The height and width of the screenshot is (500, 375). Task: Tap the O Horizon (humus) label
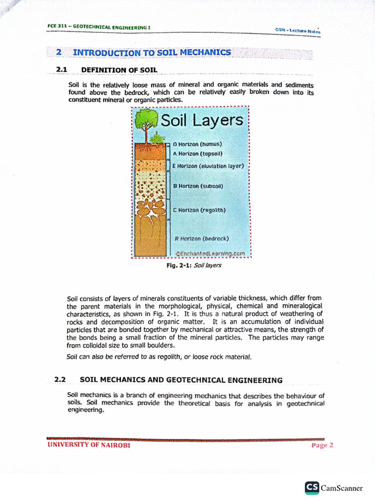[x=198, y=145]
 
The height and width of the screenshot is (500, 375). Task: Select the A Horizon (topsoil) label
[x=198, y=153]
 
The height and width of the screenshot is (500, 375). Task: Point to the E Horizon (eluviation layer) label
[x=208, y=166]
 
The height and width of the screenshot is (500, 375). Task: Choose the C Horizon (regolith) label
[x=199, y=210]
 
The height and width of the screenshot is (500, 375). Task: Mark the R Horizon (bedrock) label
[x=202, y=239]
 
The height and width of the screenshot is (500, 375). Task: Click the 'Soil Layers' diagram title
[x=202, y=121]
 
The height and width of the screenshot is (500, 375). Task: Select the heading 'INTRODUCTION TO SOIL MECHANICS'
[x=152, y=52]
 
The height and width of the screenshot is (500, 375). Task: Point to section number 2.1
[x=62, y=70]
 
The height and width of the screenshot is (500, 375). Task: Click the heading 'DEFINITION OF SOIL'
[x=119, y=70]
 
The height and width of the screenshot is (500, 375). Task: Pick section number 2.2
[x=60, y=379]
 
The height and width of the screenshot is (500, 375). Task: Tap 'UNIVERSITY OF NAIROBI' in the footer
[x=89, y=445]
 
